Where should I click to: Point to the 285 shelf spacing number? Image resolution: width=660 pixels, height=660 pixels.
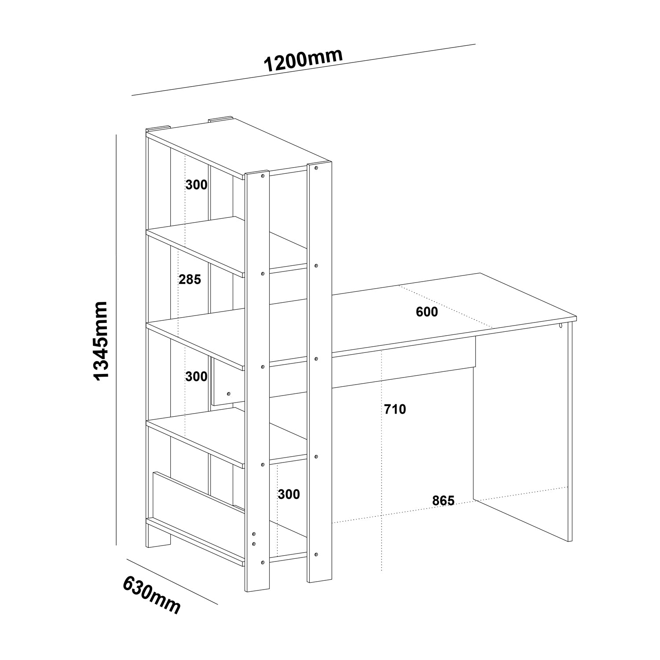[x=190, y=279]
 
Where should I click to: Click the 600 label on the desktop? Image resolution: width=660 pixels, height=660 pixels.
[x=427, y=312]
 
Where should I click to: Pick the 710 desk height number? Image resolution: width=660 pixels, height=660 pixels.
[x=395, y=409]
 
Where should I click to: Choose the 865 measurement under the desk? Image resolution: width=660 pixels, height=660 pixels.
[x=443, y=500]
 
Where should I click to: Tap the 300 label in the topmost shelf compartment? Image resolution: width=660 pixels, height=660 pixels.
[x=196, y=185]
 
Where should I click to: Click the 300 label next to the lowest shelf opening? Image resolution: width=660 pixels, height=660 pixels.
[x=289, y=494]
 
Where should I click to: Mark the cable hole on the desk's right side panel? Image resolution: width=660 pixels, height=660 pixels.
[x=561, y=326]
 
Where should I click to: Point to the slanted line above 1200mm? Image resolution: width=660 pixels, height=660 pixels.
[x=304, y=70]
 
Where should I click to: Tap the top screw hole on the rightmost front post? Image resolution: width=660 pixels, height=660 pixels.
[x=317, y=168]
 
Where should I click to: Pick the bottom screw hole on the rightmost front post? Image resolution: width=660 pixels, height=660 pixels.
[x=317, y=554]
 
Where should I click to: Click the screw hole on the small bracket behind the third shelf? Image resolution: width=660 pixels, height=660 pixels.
[x=228, y=393]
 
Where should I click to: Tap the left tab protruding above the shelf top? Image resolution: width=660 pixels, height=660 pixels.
[x=158, y=129]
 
